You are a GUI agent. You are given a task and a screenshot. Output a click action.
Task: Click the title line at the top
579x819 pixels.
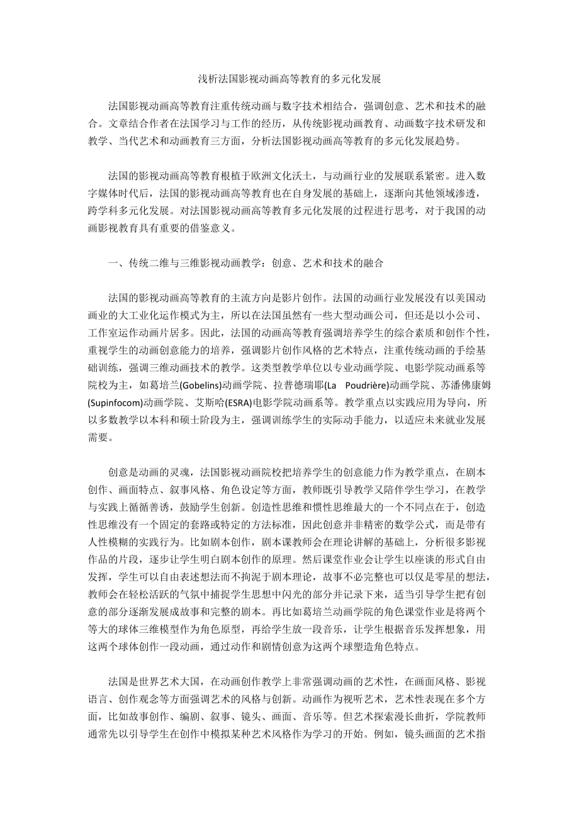[289, 79]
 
